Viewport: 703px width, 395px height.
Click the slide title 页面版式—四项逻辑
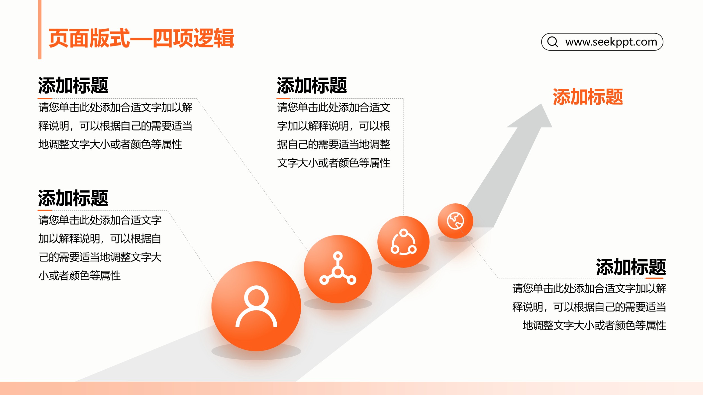(x=141, y=38)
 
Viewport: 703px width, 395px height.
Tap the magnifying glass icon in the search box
(x=553, y=42)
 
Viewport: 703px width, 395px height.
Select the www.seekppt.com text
(x=611, y=42)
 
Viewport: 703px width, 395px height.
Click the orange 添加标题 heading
(x=588, y=97)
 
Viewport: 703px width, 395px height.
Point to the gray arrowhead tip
(x=541, y=104)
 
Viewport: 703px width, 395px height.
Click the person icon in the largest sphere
(x=256, y=306)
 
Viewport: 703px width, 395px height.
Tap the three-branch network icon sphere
(x=338, y=269)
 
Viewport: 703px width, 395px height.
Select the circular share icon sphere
(x=403, y=242)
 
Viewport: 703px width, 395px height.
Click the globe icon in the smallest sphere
(x=455, y=221)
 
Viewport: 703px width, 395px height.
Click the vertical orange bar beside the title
(x=40, y=29)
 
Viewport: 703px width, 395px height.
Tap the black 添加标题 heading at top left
(x=73, y=85)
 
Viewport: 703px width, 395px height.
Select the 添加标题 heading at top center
(x=312, y=85)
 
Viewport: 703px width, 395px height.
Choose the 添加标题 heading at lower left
(x=73, y=198)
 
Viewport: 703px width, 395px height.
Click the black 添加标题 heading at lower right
(x=631, y=267)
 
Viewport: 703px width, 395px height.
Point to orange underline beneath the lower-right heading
(x=654, y=278)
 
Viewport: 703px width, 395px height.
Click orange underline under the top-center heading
(x=283, y=98)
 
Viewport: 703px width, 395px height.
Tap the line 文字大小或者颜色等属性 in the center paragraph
(x=334, y=163)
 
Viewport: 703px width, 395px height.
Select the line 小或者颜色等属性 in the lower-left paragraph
(x=80, y=276)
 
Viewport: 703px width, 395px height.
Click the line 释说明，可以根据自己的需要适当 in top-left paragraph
(x=115, y=126)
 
